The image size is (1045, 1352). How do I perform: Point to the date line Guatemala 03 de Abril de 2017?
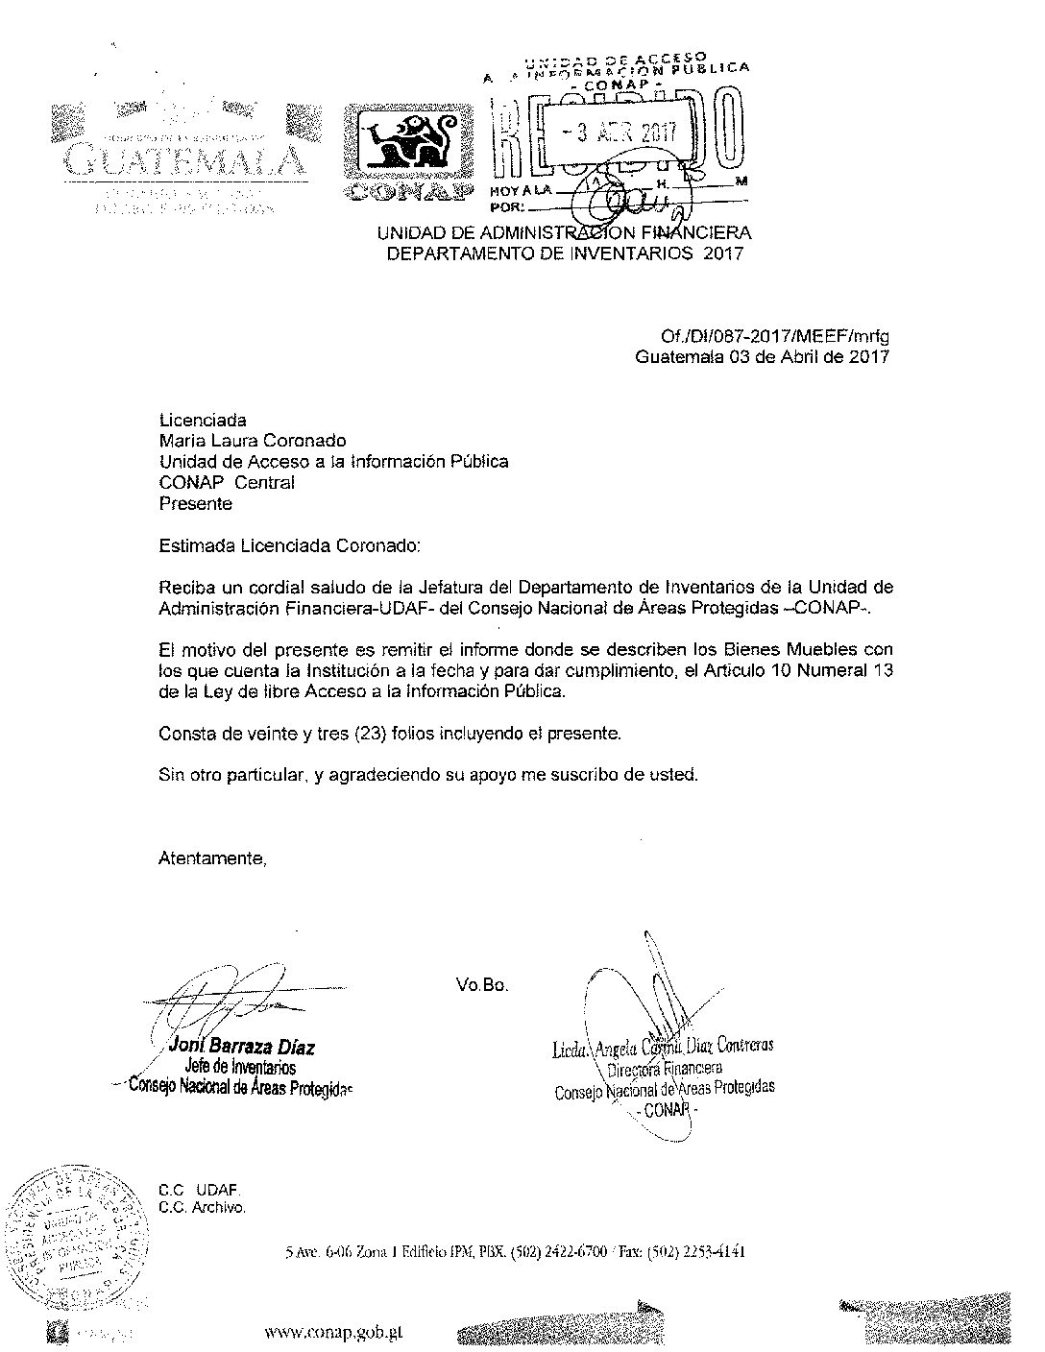pyautogui.click(x=763, y=357)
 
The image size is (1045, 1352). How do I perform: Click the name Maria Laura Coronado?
pyautogui.click(x=252, y=441)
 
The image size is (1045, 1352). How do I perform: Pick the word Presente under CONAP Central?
pyautogui.click(x=195, y=503)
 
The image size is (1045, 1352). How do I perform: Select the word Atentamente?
pyautogui.click(x=211, y=858)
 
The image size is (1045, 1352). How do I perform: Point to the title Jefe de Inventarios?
pyautogui.click(x=240, y=1067)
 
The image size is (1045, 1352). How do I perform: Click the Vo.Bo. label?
pyautogui.click(x=483, y=985)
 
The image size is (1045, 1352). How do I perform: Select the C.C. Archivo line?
pyautogui.click(x=202, y=1208)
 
